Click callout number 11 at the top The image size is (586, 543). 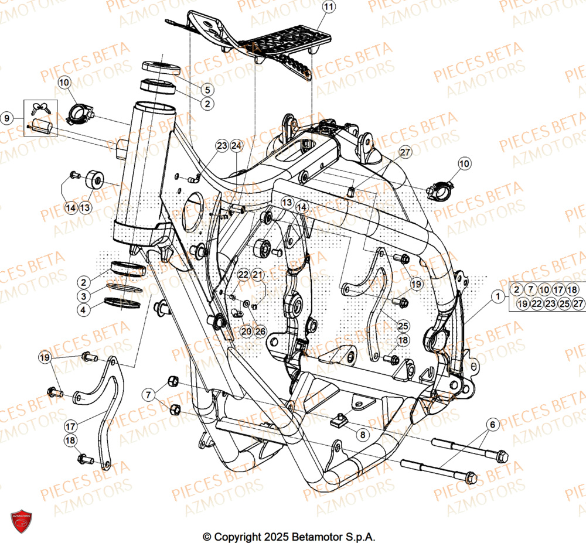coord(329,8)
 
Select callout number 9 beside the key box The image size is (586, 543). coord(8,118)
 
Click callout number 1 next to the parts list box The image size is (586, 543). coord(498,297)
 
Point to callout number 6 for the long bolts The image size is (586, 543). coord(492,424)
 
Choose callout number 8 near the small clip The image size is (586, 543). coord(362,435)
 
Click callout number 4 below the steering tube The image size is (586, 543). coord(84,310)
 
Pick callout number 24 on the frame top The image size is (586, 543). coord(236,145)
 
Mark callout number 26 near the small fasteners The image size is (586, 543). coord(260,332)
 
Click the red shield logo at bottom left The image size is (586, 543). coord(22,521)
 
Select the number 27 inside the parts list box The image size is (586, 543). coord(578,303)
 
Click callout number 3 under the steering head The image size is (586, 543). coord(84,296)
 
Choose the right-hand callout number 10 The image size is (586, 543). coord(464,165)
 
